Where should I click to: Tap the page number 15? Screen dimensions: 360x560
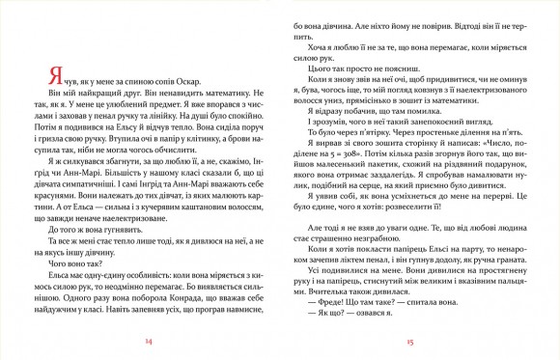click(x=409, y=343)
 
